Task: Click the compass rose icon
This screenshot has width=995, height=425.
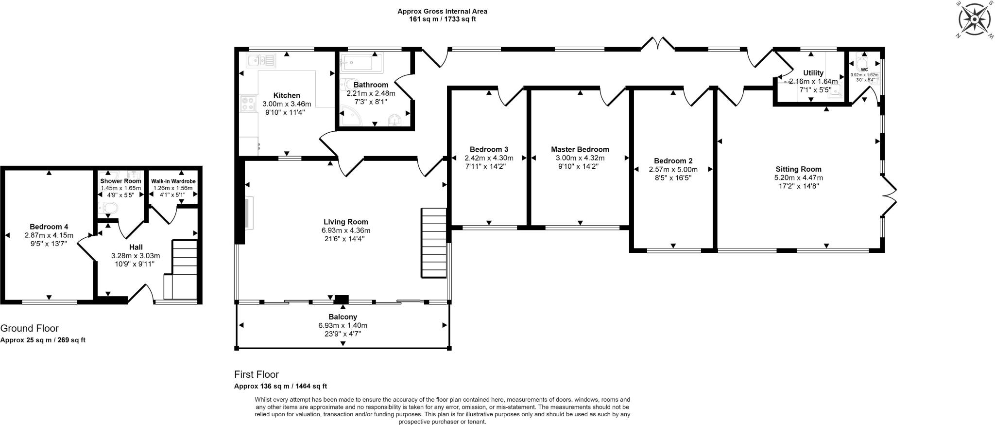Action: pyautogui.click(x=974, y=19)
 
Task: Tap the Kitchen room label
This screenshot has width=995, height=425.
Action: pyautogui.click(x=287, y=95)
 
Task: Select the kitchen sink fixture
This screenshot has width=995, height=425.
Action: pyautogui.click(x=261, y=60)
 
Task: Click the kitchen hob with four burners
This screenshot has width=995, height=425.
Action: pyautogui.click(x=248, y=104)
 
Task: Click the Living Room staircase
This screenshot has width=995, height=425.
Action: pyautogui.click(x=433, y=243)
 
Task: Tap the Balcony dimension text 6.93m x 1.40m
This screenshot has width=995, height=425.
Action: pyautogui.click(x=343, y=325)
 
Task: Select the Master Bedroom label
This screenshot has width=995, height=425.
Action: pyautogui.click(x=580, y=149)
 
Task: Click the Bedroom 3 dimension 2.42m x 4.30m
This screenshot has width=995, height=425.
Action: pyautogui.click(x=489, y=158)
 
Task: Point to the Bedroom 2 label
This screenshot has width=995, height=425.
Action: pyautogui.click(x=673, y=161)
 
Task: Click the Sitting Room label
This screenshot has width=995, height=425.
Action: pyautogui.click(x=798, y=169)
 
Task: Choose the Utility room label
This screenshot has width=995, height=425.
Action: pyautogui.click(x=813, y=73)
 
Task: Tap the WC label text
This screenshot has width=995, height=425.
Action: pyautogui.click(x=864, y=70)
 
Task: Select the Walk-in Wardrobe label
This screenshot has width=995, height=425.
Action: pyautogui.click(x=173, y=181)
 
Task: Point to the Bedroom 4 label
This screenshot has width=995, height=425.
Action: pyautogui.click(x=49, y=227)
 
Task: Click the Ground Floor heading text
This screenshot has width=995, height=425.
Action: pyautogui.click(x=30, y=328)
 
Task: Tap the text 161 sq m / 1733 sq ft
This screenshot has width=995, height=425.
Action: pyautogui.click(x=442, y=19)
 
